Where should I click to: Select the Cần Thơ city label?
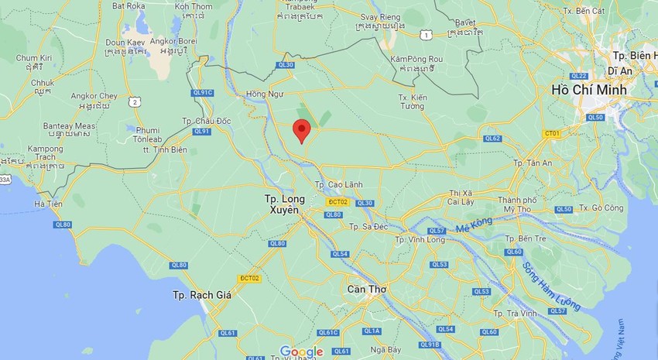pyautogui.click(x=368, y=289)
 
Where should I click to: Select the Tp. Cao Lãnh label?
pyautogui.click(x=339, y=185)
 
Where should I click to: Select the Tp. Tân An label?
pyautogui.click(x=532, y=163)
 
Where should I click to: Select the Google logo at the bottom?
pyautogui.click(x=300, y=352)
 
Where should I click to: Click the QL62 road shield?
pyautogui.click(x=492, y=139)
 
